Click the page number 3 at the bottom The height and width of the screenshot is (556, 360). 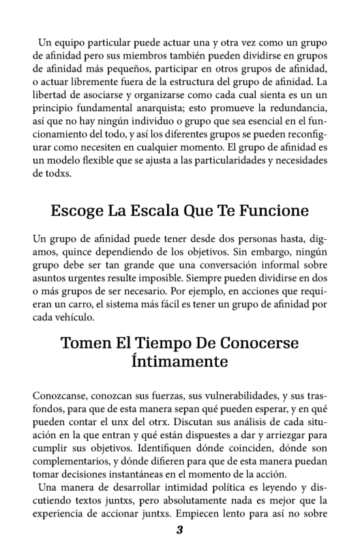click(x=180, y=531)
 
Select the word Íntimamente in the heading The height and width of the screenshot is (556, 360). click(x=180, y=360)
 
